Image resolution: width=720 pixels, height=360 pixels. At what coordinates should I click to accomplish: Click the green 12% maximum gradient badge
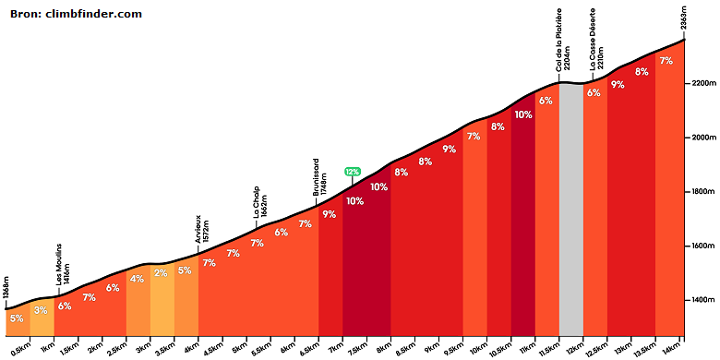(353, 172)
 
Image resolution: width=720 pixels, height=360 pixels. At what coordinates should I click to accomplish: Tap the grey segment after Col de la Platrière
(571, 210)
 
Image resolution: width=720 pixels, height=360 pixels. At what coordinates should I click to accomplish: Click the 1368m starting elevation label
(6, 292)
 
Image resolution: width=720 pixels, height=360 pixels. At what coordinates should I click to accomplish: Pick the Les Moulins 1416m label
(63, 270)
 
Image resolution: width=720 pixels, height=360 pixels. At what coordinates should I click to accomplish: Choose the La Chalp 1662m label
(260, 202)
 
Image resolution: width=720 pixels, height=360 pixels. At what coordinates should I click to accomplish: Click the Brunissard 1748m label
(320, 178)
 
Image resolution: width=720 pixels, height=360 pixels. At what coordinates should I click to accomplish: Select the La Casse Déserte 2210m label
(596, 38)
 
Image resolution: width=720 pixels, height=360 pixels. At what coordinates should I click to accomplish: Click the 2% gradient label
(161, 273)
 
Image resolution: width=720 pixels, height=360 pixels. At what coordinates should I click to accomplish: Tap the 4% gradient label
(137, 279)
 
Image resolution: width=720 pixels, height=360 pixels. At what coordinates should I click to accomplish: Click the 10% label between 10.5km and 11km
(523, 114)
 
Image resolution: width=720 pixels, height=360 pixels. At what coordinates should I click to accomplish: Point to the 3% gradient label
(41, 310)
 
